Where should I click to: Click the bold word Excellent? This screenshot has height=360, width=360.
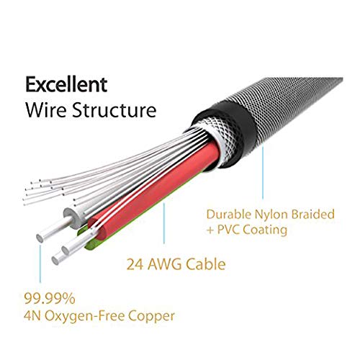click(x=66, y=84)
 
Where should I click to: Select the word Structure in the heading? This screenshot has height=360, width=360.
click(x=114, y=109)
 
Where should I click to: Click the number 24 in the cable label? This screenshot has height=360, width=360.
click(x=135, y=264)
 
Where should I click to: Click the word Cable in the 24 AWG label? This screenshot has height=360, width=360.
click(x=206, y=264)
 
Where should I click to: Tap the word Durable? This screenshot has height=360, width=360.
click(x=229, y=215)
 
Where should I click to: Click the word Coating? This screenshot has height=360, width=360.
click(x=265, y=230)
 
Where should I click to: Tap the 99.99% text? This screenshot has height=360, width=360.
click(x=50, y=299)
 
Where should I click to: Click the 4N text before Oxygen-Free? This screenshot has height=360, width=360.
click(x=32, y=316)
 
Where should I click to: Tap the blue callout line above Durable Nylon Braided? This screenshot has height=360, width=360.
click(x=263, y=174)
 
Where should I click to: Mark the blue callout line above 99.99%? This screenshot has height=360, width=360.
click(x=40, y=264)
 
